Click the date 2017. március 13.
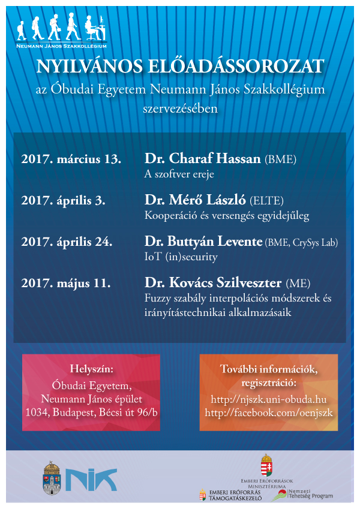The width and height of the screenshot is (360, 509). point(71,159)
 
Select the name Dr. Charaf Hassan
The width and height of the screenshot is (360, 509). point(202,159)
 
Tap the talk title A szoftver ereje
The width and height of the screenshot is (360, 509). point(179,174)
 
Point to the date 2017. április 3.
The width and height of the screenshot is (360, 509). point(63,201)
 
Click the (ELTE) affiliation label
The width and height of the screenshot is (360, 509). point(266,201)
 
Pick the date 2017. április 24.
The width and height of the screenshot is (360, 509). point(67,242)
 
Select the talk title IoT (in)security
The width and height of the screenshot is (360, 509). point(181,257)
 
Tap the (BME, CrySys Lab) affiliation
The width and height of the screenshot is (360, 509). point(302,242)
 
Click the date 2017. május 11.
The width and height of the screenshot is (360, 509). point(65,282)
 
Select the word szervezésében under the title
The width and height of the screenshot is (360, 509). point(180,109)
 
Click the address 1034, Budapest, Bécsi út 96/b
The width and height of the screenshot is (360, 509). point(91,412)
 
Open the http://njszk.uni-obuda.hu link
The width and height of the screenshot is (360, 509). point(268,399)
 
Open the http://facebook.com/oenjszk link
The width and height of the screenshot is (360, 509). point(268,412)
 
